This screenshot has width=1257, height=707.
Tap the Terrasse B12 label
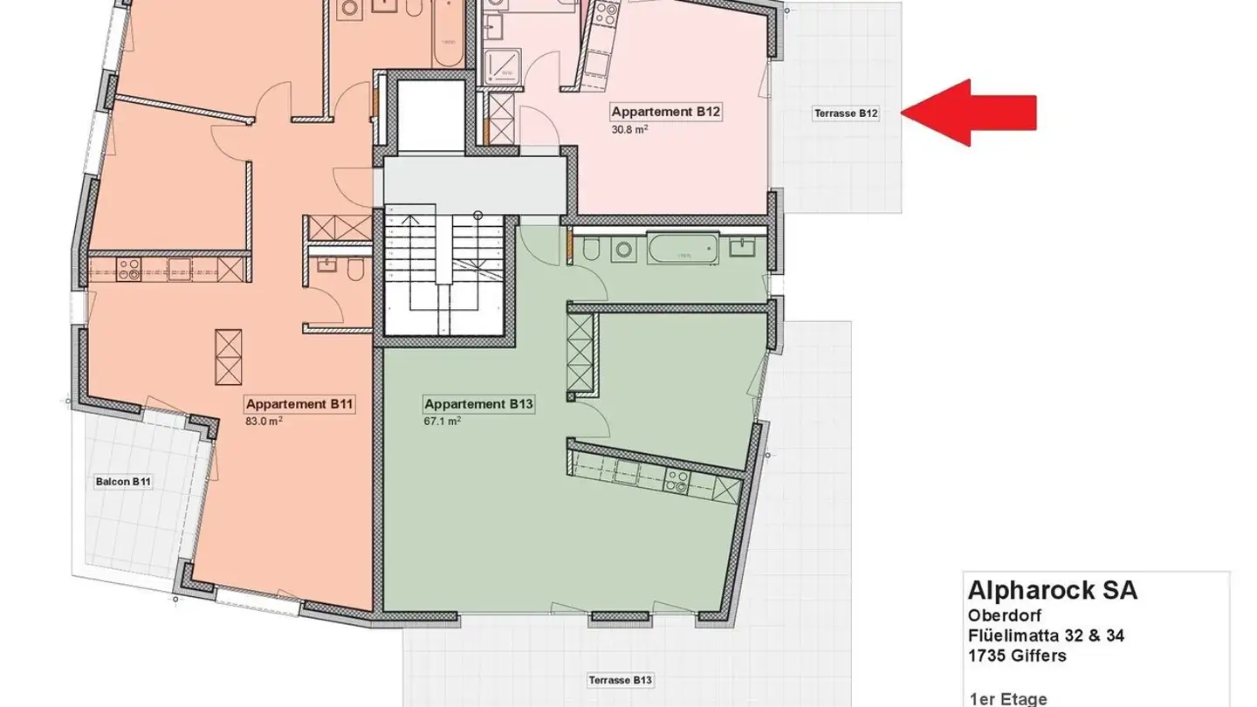[x=845, y=113]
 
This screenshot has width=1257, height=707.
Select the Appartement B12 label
[x=665, y=112]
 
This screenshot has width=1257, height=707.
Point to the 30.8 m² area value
[x=628, y=128]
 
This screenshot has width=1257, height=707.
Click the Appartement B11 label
[x=299, y=404]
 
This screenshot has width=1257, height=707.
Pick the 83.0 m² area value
[x=264, y=421]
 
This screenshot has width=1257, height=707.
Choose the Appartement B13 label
[x=478, y=404]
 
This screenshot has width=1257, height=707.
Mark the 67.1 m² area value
[x=442, y=421]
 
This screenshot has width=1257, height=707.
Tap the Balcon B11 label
[x=123, y=482]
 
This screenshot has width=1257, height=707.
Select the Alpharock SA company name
[x=1052, y=590]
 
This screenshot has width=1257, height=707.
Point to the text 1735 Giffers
[x=1017, y=656]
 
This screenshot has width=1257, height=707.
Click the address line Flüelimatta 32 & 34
[x=1046, y=635]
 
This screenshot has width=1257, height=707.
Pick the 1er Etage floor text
[x=1007, y=699]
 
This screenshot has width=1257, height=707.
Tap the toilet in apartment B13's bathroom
[x=590, y=250]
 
